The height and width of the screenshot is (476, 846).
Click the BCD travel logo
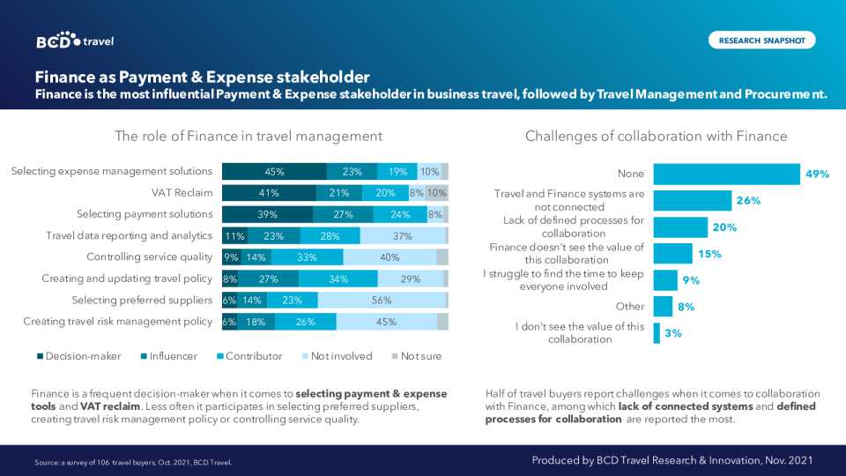pos(75,41)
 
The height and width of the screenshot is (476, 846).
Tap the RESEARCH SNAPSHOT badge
pos(761,41)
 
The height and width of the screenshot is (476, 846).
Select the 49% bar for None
pos(726,175)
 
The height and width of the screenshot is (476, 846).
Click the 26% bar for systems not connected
pos(693,200)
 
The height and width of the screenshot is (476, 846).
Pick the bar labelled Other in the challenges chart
pos(663,307)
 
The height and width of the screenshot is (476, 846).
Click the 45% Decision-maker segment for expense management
pos(274,172)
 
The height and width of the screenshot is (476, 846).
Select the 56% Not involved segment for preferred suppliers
pos(382,301)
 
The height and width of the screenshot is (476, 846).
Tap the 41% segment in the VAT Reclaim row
pos(269,193)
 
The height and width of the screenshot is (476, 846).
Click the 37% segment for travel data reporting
pos(403,236)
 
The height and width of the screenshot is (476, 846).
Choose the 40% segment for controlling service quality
pos(390,257)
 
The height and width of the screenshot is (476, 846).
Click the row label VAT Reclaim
pos(182,193)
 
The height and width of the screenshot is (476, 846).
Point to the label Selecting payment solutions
pos(145,214)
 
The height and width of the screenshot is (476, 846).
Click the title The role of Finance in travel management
pos(249,137)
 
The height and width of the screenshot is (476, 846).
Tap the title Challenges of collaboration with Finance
pos(657,137)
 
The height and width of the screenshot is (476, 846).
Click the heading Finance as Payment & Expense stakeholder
pos(202,77)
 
